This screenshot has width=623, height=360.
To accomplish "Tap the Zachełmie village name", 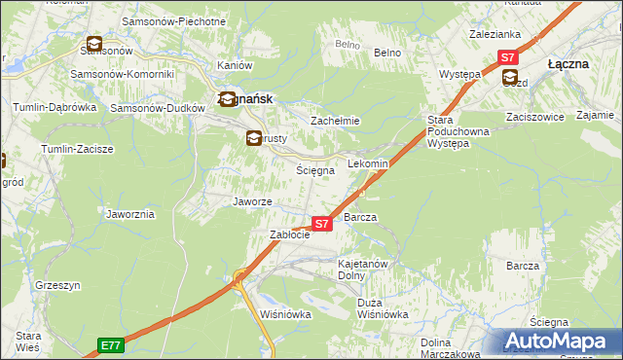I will pos(335,121).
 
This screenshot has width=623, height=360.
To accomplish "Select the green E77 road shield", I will pos(111,344).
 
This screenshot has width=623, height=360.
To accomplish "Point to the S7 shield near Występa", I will pos(507,57).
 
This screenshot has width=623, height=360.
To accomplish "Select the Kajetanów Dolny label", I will pos(363,270).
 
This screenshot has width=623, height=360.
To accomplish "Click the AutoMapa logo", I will pos(558,342).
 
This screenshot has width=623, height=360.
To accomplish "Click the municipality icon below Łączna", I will pos(510,79).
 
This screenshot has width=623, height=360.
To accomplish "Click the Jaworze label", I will pos(252,201).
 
